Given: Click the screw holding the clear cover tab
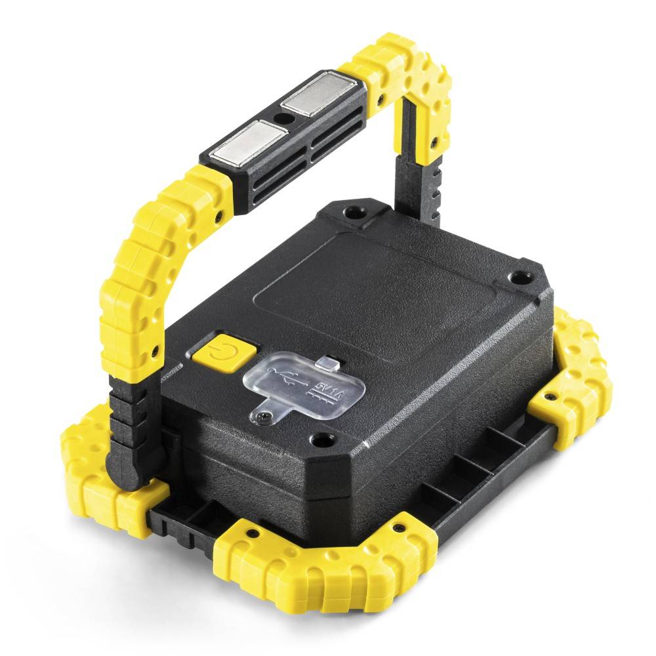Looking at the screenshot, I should point(263,415).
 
